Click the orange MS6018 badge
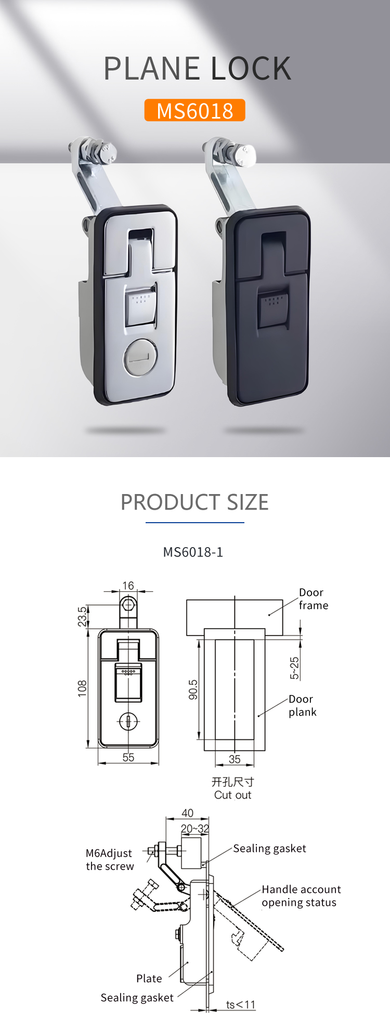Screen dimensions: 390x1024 [194, 110]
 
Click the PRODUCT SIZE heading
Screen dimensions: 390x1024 [194, 502]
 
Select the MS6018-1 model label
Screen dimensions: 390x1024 [193, 552]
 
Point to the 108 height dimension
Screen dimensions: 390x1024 [82, 688]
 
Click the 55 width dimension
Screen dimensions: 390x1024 [128, 757]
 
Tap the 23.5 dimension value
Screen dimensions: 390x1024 [82, 616]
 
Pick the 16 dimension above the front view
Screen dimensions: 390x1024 [128, 586]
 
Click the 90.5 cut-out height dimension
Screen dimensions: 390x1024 [193, 690]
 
